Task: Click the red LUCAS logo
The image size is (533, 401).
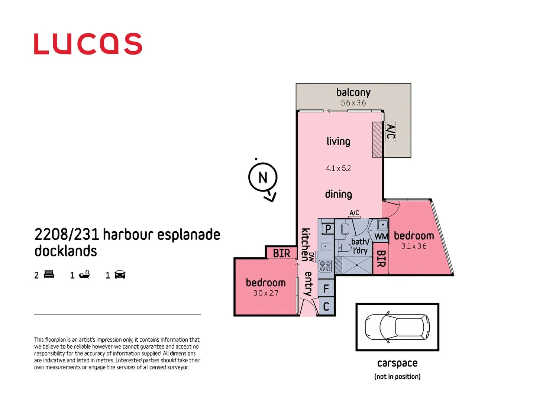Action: pos(88,44)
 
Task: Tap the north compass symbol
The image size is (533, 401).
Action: pos(263,177)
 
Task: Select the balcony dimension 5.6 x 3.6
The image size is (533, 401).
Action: pos(353,103)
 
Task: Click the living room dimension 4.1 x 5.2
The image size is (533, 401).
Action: pos(338,168)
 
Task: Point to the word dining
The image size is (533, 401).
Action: pos(338,194)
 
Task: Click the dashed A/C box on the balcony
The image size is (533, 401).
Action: pos(390,131)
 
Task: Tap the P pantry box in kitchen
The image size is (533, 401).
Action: pos(328,229)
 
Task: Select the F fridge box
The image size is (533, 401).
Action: pos(326,288)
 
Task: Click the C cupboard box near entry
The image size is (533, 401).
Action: pos(326,307)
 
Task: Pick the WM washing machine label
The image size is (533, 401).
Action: pos(381,237)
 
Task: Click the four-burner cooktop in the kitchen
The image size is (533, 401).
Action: pos(325,266)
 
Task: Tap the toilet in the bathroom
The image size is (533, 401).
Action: pos(345,248)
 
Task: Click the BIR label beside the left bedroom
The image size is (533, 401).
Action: pos(281,253)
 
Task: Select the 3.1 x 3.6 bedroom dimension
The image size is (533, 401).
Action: pos(414,246)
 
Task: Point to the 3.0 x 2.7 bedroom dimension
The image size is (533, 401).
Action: pos(265,293)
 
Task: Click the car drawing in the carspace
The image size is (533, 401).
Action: pos(397,327)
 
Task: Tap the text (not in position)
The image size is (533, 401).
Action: pos(397,376)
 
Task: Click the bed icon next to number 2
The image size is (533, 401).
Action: pos(49,274)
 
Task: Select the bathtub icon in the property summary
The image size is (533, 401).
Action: pos(84,274)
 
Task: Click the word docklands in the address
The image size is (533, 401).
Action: pos(66,251)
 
